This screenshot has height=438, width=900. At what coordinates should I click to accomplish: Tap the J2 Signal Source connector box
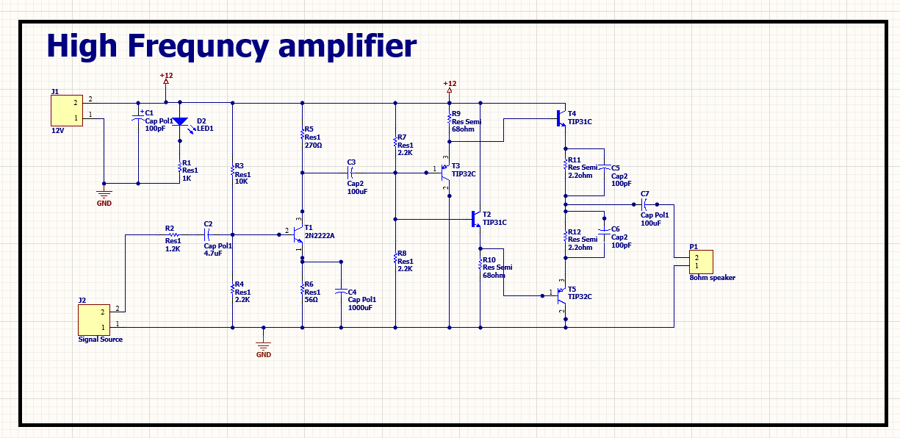coord(96,320)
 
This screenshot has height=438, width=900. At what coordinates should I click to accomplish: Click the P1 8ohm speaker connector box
coord(700,261)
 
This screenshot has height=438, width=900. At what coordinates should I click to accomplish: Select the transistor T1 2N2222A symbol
coord(296,235)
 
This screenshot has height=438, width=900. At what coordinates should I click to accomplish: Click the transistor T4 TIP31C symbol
coord(561,117)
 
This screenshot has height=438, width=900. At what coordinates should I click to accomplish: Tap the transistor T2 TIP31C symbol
coord(475,218)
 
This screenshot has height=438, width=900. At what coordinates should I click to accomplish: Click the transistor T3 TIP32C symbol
coord(444,173)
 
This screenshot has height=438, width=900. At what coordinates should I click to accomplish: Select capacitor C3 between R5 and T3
coord(350,173)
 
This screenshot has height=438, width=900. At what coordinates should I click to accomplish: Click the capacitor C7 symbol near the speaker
coord(644,204)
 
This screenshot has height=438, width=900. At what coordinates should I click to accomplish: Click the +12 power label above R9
coord(450,84)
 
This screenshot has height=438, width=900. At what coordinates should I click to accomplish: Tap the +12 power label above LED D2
coord(166,76)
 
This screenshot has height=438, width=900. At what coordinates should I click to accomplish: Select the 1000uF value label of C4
coord(361,308)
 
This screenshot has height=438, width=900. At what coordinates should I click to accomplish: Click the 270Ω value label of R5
coord(313,146)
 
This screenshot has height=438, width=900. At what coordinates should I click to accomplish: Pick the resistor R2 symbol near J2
coord(173,235)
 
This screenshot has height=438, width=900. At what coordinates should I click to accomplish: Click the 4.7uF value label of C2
coord(213,254)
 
